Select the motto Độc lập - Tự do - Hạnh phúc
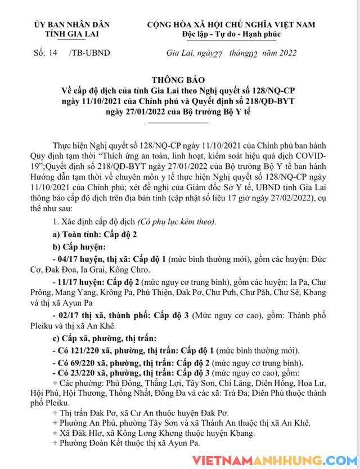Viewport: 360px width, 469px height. (231, 34)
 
